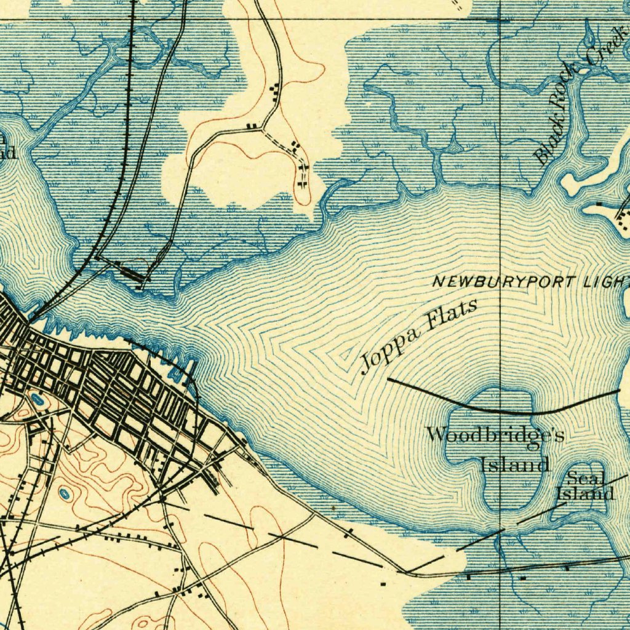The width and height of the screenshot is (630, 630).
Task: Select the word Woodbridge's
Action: pyautogui.click(x=495, y=435)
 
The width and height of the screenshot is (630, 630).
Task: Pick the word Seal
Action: pyautogui.click(x=586, y=477)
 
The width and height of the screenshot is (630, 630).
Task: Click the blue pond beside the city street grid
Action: pyautogui.click(x=37, y=400)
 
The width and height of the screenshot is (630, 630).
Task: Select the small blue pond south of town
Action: pyautogui.click(x=65, y=493)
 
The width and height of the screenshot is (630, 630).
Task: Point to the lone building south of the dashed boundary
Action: pyautogui.click(x=383, y=583)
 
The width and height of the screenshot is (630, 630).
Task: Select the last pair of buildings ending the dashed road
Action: pyautogui.click(x=302, y=183)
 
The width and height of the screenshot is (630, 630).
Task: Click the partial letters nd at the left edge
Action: pyautogui.click(x=7, y=153)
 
